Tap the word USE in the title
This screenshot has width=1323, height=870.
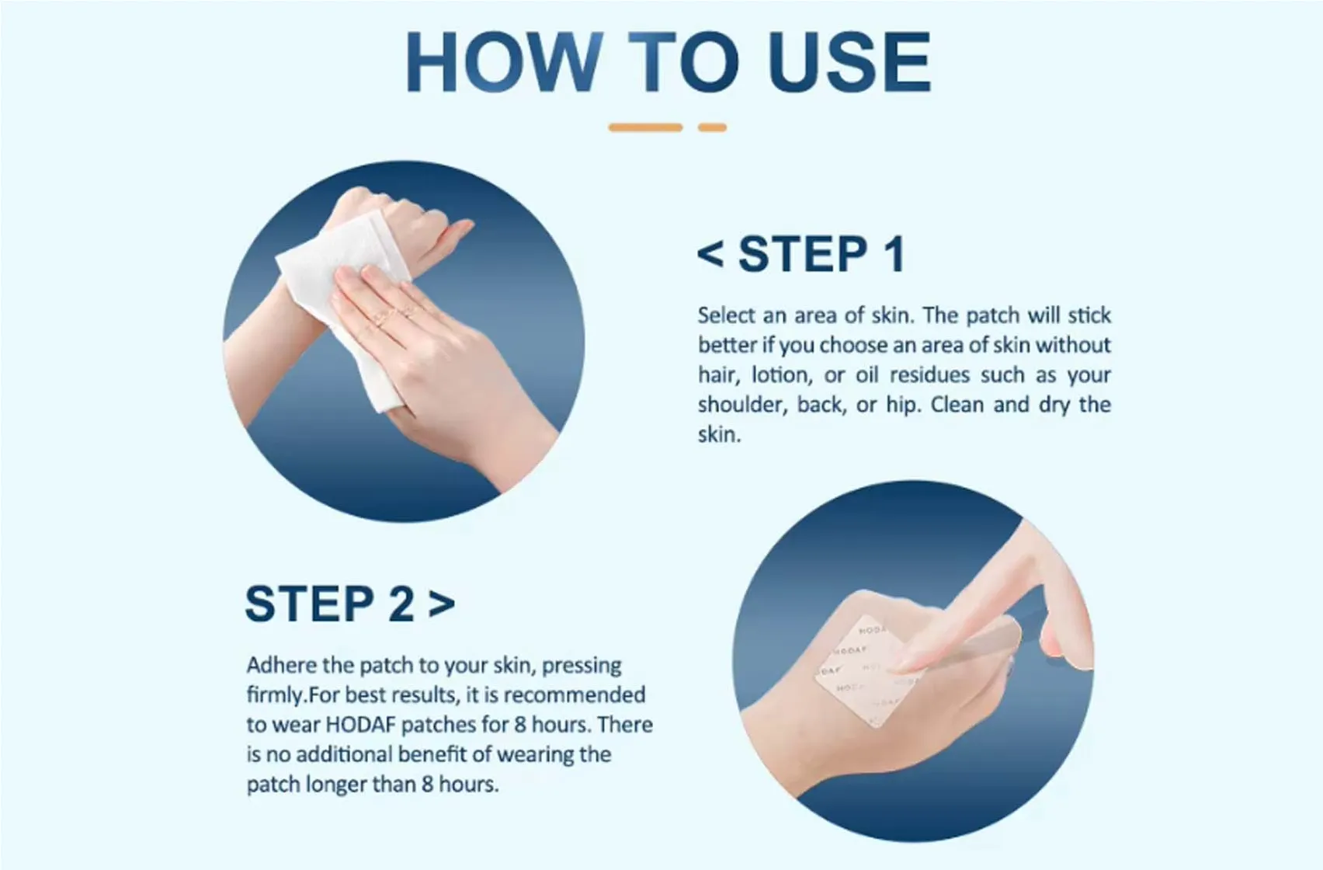coord(849,62)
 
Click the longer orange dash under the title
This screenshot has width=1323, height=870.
coord(645,127)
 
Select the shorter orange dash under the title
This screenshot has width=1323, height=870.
coord(712,127)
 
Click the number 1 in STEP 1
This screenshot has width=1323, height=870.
coord(894,254)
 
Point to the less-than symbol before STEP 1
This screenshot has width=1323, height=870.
coord(710,254)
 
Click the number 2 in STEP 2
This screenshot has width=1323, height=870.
coord(401,604)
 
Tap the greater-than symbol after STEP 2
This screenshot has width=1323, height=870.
coord(441,604)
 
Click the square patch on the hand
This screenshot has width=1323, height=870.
coord(862,676)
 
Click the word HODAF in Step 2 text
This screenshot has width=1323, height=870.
coord(361,725)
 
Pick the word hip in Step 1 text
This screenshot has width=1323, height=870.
coord(901,405)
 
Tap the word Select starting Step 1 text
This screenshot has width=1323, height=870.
coord(726,315)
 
